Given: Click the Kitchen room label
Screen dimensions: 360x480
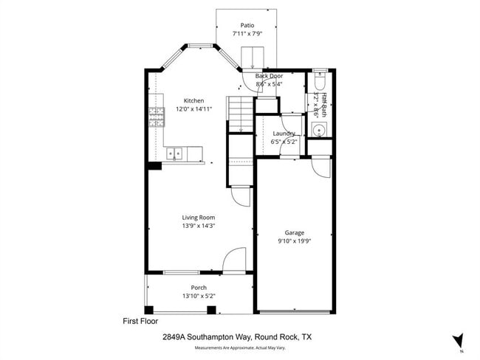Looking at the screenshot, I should coord(193,101).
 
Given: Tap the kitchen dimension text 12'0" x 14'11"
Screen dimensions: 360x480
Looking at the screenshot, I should coord(193,109).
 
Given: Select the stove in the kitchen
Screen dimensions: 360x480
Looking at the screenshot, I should coord(157,117).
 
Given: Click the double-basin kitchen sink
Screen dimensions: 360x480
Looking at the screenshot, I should coord(175,153).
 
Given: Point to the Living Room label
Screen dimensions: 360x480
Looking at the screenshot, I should coord(199,217).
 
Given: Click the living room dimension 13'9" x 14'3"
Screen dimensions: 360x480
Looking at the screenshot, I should coord(199,226).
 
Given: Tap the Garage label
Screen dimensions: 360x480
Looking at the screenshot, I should coord(295,232).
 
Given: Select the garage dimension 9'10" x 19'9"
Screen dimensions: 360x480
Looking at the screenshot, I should coord(295,240).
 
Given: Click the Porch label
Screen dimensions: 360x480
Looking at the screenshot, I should coord(199,287).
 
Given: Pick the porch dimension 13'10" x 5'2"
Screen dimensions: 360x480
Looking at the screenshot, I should coord(199,296).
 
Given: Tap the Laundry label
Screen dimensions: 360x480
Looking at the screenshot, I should coord(284,133).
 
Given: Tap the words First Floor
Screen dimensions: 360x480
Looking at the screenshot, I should coord(140,322).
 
